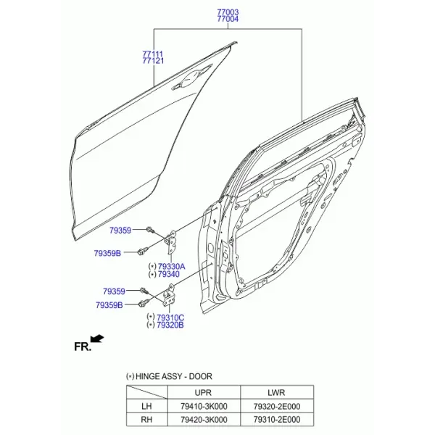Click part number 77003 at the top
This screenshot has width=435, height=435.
pos(228,12)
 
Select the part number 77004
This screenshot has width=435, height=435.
pos(228,19)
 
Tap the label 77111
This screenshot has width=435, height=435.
pos(153,54)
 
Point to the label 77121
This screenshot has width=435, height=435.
pos(153,61)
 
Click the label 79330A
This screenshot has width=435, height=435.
pos(171,267)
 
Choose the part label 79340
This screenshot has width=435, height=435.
pos(169,274)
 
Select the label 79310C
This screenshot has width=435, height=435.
pos(170,318)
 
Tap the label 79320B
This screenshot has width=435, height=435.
pos(170,325)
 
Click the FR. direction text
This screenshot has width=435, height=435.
pos(83,347)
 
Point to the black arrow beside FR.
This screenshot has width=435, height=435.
pos(97,339)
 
